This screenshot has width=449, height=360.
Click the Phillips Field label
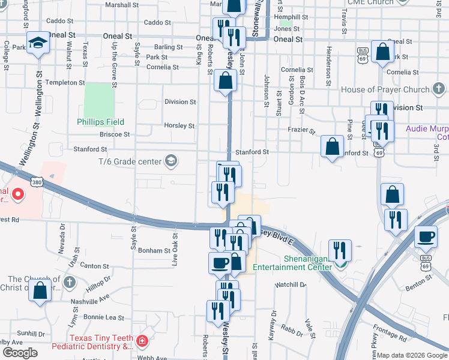tap(100, 122)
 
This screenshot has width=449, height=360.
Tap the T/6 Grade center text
tap(130, 161)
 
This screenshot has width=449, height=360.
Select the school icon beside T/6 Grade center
tap(171, 161)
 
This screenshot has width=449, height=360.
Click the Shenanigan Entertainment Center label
tap(291, 262)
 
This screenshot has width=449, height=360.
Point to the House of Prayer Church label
tap(385, 90)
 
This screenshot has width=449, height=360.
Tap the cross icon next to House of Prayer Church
tap(439, 90)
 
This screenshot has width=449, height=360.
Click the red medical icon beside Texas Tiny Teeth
tap(142, 342)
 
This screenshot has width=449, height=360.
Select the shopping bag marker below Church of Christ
tap(40, 290)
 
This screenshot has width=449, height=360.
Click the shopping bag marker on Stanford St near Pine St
tap(332, 146)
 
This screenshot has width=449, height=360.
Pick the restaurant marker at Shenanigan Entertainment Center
tap(340, 249)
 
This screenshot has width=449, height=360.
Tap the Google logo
tap(19, 353)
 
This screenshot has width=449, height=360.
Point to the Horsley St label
tap(179, 126)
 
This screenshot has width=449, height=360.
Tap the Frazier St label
tap(301, 130)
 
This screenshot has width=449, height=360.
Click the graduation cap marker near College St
tap(38, 42)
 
